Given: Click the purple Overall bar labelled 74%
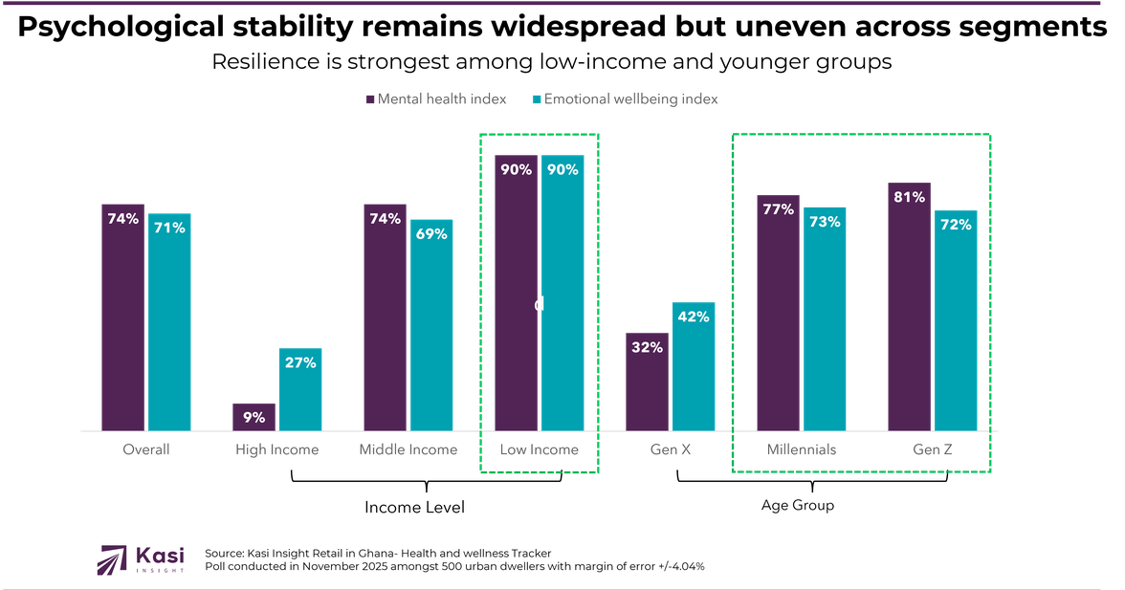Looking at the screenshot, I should point(123,316).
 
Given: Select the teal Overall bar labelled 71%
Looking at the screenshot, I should point(169,320).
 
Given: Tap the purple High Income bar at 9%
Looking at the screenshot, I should point(254,416).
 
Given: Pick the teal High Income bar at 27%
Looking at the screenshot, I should point(300,387).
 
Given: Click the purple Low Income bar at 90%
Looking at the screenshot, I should point(516,292).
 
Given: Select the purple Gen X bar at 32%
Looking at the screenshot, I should point(647,381).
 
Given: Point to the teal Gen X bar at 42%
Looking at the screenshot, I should point(694,365).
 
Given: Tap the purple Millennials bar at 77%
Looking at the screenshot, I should point(778,313).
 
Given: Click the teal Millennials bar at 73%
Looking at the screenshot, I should point(825,317).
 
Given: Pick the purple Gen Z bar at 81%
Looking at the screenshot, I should point(909,306).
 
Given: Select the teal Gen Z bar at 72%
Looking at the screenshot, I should point(956,320).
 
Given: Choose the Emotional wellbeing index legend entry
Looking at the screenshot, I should point(626,99).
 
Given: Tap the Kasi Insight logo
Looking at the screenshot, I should point(141,560).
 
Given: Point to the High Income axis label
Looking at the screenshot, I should point(277,449).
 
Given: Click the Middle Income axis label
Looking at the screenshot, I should point(408,449).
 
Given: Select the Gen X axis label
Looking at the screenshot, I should point(670,449).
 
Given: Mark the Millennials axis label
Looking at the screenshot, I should point(802,449).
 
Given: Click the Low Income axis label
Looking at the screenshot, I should point(540,449).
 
